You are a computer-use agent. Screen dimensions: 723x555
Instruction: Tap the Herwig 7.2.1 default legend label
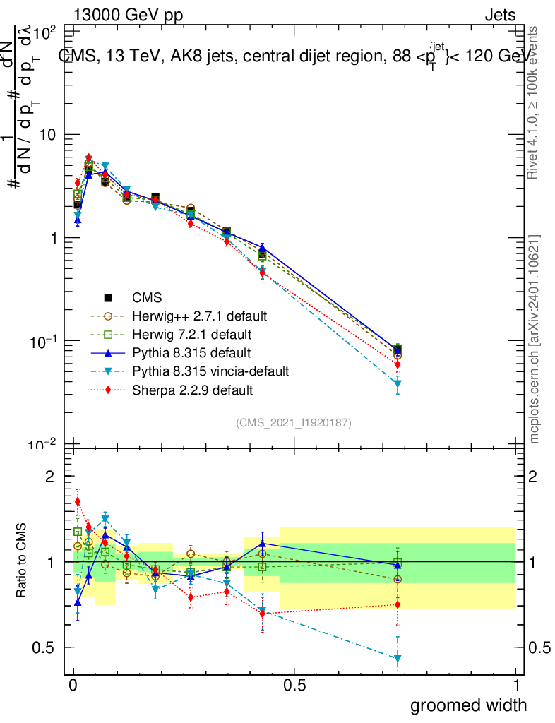pyautogui.click(x=192, y=334)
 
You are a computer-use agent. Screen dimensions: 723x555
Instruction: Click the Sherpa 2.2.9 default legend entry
pyautogui.click(x=192, y=389)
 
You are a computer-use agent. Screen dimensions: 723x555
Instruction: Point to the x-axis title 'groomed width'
pyautogui.click(x=468, y=704)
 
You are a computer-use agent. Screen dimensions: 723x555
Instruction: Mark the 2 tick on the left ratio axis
pyautogui.click(x=50, y=477)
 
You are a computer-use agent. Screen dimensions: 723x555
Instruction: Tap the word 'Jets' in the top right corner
pyautogui.click(x=500, y=16)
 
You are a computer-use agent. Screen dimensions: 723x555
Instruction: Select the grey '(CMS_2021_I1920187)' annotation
pyautogui.click(x=294, y=422)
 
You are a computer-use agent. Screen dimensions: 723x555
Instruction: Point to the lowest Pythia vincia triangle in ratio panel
pyautogui.click(x=398, y=659)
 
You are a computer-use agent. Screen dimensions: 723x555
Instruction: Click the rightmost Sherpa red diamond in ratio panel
pyautogui.click(x=398, y=604)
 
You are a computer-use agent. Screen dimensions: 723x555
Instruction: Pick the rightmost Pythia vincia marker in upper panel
pyautogui.click(x=398, y=383)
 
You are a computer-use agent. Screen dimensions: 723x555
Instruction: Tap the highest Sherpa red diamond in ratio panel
pyautogui.click(x=78, y=502)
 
